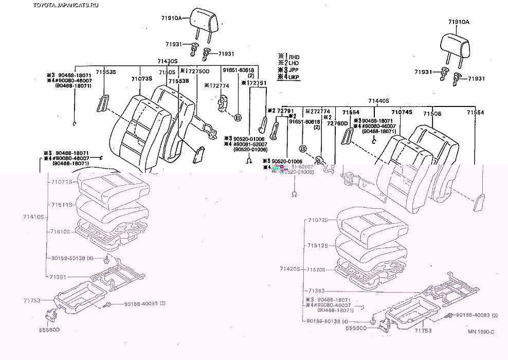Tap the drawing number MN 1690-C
[x=481, y=332]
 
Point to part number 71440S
[x=378, y=101]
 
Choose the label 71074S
[x=402, y=112]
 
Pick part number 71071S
[x=62, y=182]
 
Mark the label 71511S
[x=62, y=204]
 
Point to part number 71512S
[x=318, y=246]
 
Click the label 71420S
[x=290, y=268]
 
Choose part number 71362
[x=316, y=291]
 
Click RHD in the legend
[x=294, y=57]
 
